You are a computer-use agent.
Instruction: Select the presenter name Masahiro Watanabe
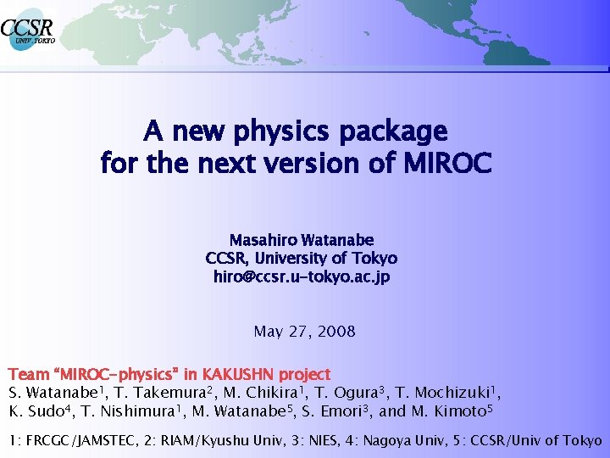[x=301, y=240]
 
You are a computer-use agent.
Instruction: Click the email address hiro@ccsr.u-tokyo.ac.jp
[x=301, y=276]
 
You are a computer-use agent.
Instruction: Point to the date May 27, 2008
[x=304, y=331]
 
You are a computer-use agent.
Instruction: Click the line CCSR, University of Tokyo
[x=301, y=258]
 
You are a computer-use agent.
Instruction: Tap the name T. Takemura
[x=161, y=393]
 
